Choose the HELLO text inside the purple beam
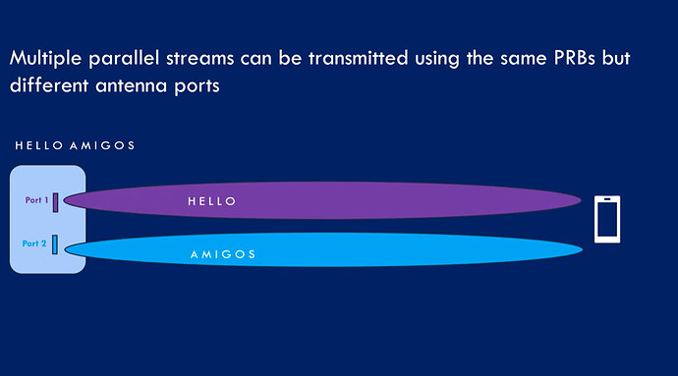point(212,201)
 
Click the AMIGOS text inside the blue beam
point(222,254)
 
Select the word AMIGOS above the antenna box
point(101,145)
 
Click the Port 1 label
point(36,200)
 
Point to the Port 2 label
point(34,242)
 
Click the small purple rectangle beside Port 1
point(56,201)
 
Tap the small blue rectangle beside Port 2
point(56,243)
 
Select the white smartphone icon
point(607,219)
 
